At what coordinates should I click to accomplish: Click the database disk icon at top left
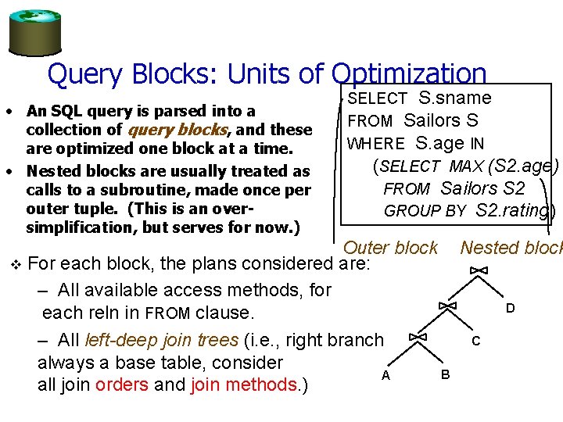pos(34,30)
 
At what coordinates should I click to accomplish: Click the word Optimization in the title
pos(409,73)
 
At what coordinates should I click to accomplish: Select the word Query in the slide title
pos(84,73)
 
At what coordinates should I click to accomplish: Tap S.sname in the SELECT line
pos(454,98)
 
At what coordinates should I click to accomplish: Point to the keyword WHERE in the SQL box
pos(376,144)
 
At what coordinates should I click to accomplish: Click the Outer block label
pos(391,248)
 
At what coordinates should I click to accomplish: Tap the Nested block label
pos(511,248)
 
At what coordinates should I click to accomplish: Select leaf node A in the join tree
pos(385,375)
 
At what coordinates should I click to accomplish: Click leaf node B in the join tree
pos(445,374)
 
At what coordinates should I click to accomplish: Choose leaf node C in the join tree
pos(476,342)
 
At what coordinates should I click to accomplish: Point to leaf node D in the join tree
pos(510,309)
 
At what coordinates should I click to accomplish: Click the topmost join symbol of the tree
pos(479,270)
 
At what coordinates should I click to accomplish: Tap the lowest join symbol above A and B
pos(418,337)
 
